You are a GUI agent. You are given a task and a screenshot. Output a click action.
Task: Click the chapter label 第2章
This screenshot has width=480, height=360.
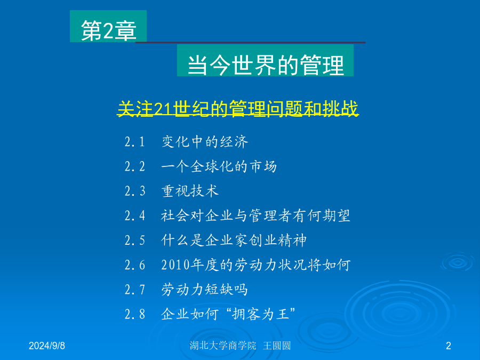[x=109, y=30]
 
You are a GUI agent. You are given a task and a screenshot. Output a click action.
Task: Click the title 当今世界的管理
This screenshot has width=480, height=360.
[x=266, y=65]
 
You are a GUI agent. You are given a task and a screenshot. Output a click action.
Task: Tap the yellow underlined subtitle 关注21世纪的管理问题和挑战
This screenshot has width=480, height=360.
[x=238, y=108]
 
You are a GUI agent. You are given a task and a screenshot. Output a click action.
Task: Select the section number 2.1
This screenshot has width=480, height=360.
[x=135, y=142]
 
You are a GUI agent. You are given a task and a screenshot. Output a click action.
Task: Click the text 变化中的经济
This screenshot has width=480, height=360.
[x=205, y=142]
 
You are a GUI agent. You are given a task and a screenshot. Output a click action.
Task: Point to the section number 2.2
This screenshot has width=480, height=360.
[x=135, y=166]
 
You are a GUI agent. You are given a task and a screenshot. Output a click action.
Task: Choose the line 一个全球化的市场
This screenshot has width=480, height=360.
[x=219, y=166]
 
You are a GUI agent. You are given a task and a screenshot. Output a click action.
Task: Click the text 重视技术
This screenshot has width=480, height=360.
[x=190, y=191]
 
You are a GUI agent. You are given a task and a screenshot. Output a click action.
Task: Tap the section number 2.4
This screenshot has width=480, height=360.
[x=135, y=216]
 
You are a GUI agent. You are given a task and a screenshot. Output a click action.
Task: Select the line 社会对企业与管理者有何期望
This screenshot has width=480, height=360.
[x=255, y=216]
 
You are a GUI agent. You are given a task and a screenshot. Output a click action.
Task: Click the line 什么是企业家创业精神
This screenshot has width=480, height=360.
[x=234, y=241]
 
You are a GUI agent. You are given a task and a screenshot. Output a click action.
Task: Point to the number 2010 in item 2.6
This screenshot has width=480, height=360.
[x=175, y=265]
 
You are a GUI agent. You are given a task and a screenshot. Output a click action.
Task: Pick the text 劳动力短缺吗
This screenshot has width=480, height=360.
[x=204, y=290]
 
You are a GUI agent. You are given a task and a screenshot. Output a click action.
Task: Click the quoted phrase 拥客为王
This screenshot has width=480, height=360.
[x=260, y=314]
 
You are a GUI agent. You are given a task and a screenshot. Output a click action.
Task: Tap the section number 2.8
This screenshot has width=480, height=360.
[x=135, y=314]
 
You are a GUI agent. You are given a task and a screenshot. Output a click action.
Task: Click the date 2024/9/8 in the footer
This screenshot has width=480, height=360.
[x=47, y=346]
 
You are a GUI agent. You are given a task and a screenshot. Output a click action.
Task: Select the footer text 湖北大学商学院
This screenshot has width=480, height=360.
[x=223, y=346]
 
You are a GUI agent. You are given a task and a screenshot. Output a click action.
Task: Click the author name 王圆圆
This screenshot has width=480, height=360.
[x=277, y=346]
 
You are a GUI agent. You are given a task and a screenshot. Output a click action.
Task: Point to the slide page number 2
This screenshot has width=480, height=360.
[x=449, y=346]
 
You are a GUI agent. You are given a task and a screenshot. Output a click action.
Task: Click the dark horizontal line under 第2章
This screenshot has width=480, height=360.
[x=251, y=42]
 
